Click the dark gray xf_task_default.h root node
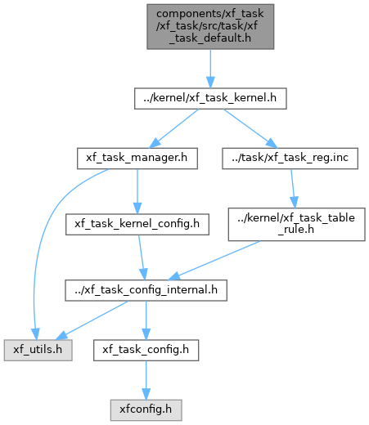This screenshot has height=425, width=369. tap(210, 27)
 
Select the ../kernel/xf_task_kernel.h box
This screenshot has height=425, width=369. tap(210, 98)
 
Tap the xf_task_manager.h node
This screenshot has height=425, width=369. tap(137, 159)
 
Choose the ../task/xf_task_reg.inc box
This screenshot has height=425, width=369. tap(290, 159)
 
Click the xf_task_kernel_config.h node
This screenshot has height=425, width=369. tap(137, 224)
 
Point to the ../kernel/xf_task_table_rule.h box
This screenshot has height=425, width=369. tap(296, 224)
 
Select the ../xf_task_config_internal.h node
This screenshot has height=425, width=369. tap(146, 290)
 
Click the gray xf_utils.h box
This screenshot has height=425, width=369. tap(38, 350)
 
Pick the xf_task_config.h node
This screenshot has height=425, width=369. tap(146, 350)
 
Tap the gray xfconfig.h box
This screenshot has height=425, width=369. tap(146, 410)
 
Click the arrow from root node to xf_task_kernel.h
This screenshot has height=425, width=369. tap(210, 69)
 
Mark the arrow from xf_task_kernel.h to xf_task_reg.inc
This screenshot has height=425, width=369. tap(250, 128)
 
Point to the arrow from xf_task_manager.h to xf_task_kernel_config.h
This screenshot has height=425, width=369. tap(137, 191)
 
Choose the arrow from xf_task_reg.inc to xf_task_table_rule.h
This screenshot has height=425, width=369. tap(293, 189)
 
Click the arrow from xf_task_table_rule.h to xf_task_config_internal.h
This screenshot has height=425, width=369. tap(214, 261)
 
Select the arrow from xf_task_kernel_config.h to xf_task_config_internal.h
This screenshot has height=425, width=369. tap(142, 257)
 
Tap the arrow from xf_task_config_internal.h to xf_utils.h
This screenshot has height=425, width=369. tap(92, 320)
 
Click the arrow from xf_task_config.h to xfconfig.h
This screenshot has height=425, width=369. tap(146, 380)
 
